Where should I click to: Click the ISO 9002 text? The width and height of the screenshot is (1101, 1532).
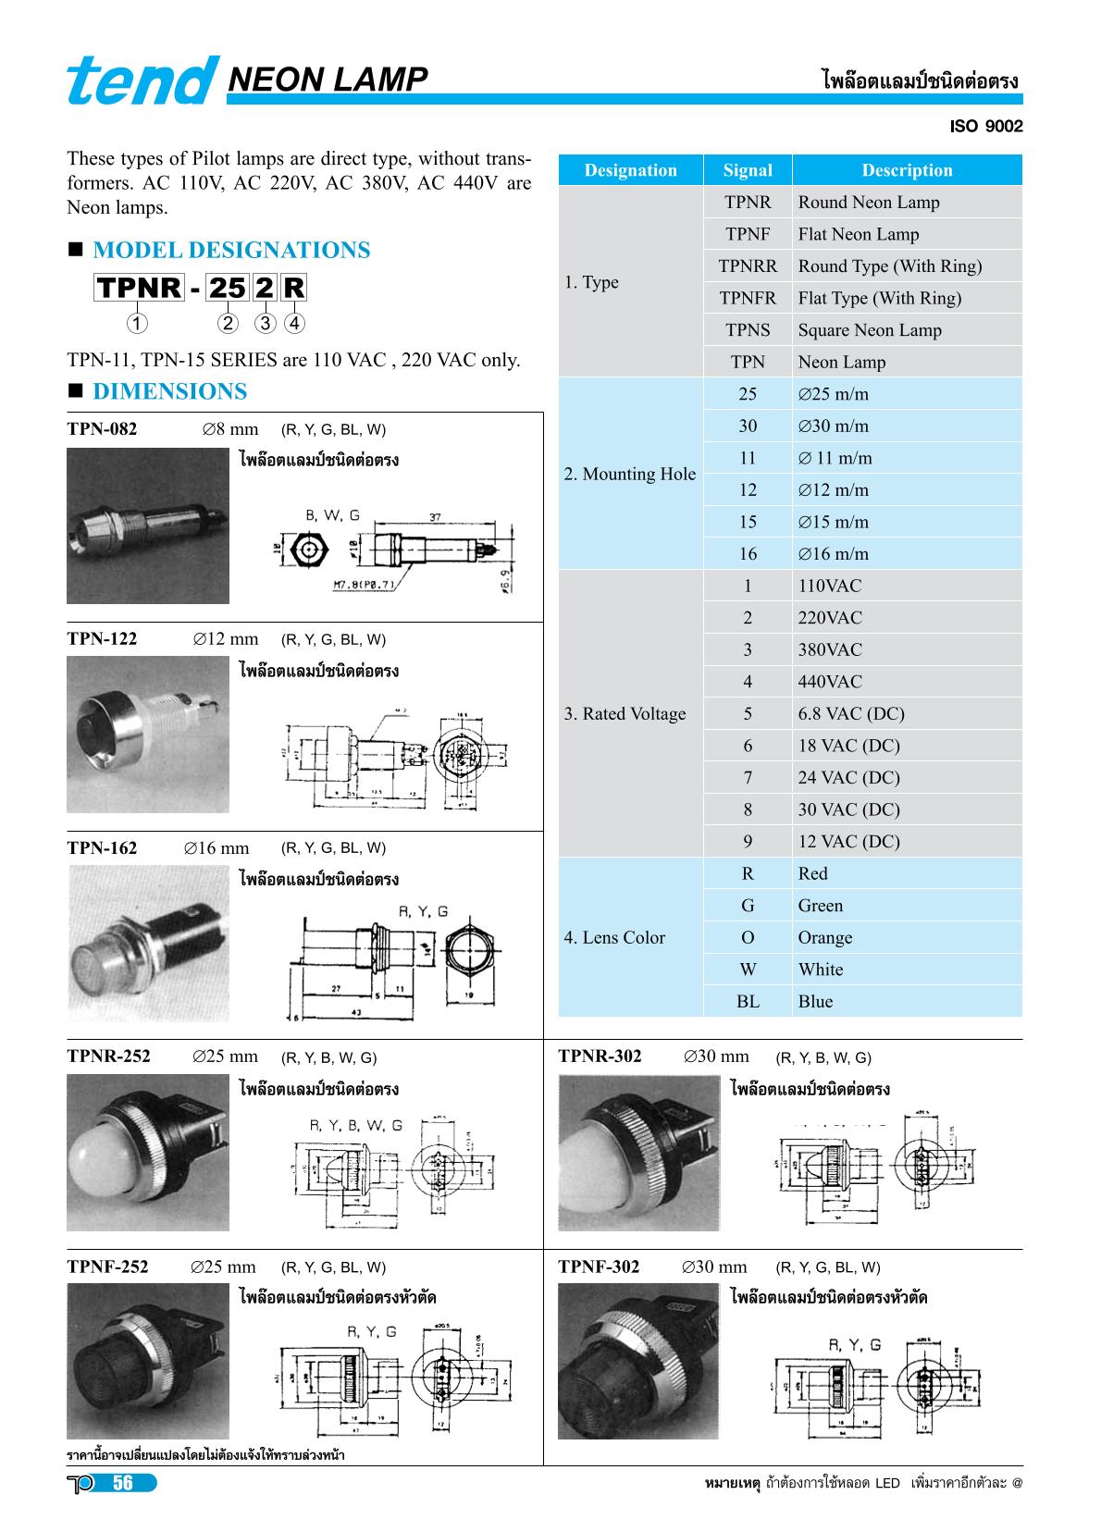pos(986,127)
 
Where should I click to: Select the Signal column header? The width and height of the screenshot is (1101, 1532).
pos(748,170)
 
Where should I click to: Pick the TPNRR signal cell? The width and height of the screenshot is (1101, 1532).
pos(748,266)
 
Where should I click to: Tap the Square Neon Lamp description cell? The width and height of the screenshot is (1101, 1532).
pos(870,330)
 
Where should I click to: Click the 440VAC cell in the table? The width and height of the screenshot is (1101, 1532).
pos(830,682)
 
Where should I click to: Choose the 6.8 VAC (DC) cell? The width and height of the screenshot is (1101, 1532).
pos(851,714)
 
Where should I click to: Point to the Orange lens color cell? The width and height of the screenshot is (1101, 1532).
pos(825,938)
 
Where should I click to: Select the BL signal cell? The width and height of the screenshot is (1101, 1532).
pos(748,1002)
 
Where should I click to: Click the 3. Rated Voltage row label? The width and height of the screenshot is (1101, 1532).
pos(625,714)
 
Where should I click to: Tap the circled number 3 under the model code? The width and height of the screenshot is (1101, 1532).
pos(266,324)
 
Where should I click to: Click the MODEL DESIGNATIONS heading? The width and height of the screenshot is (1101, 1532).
pos(231,251)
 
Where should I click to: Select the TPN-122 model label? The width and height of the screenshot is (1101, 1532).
pos(102,639)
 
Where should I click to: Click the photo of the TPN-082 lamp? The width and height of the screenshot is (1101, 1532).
pos(148,525)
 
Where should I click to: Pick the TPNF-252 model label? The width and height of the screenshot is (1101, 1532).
pos(107,1267)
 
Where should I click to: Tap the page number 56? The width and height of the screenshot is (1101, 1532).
pos(123,1484)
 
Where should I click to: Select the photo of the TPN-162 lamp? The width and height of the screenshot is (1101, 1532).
pos(148,944)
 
